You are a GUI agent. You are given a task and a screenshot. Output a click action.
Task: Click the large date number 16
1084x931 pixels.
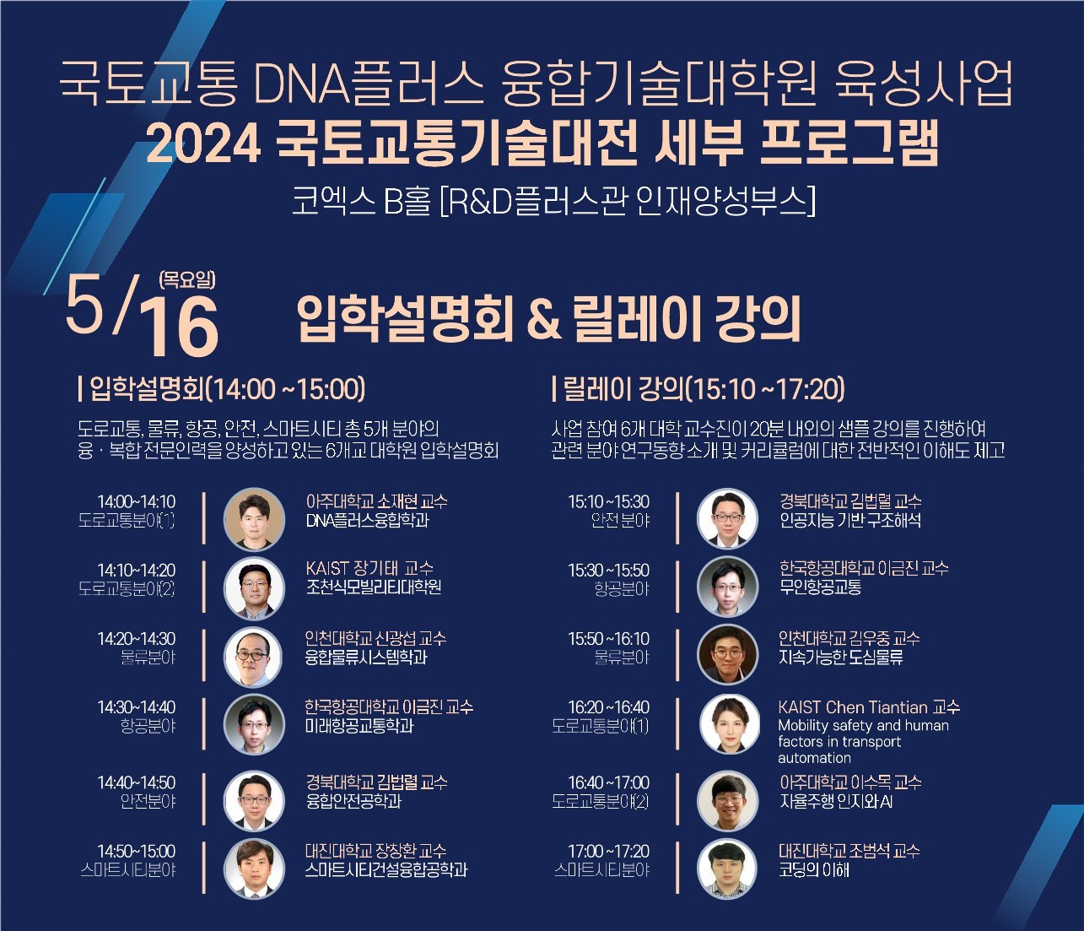(x=178, y=327)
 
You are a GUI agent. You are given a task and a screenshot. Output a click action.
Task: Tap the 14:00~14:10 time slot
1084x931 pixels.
(x=137, y=501)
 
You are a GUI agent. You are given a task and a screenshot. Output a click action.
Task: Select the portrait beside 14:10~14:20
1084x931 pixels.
(x=255, y=587)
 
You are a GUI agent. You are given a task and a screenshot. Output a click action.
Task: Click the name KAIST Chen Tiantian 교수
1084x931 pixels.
(x=869, y=707)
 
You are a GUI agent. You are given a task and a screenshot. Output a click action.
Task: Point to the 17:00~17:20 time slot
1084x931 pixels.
(x=608, y=851)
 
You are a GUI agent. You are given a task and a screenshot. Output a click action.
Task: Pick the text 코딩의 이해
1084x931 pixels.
(x=813, y=869)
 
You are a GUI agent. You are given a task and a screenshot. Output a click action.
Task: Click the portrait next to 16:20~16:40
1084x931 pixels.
(x=729, y=725)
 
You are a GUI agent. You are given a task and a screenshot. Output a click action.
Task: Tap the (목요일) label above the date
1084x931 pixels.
(x=186, y=279)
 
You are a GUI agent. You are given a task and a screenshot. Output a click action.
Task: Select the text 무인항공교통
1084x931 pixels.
(x=820, y=587)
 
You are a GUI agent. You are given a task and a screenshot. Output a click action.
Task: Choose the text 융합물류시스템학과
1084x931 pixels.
(x=366, y=657)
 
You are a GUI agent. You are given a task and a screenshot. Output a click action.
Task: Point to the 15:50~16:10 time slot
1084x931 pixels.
(x=608, y=639)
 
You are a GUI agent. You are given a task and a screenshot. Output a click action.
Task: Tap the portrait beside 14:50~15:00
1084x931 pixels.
(x=255, y=869)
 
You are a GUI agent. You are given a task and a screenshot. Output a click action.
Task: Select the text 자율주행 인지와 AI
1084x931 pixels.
(x=836, y=801)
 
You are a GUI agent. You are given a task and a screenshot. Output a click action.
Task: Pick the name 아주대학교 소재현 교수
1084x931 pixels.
(x=376, y=501)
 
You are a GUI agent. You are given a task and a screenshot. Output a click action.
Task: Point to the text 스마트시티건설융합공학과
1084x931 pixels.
(x=386, y=869)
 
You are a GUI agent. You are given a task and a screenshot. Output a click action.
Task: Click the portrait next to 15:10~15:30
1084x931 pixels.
(x=727, y=518)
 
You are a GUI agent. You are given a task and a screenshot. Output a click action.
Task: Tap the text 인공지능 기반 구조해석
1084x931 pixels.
(x=850, y=520)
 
